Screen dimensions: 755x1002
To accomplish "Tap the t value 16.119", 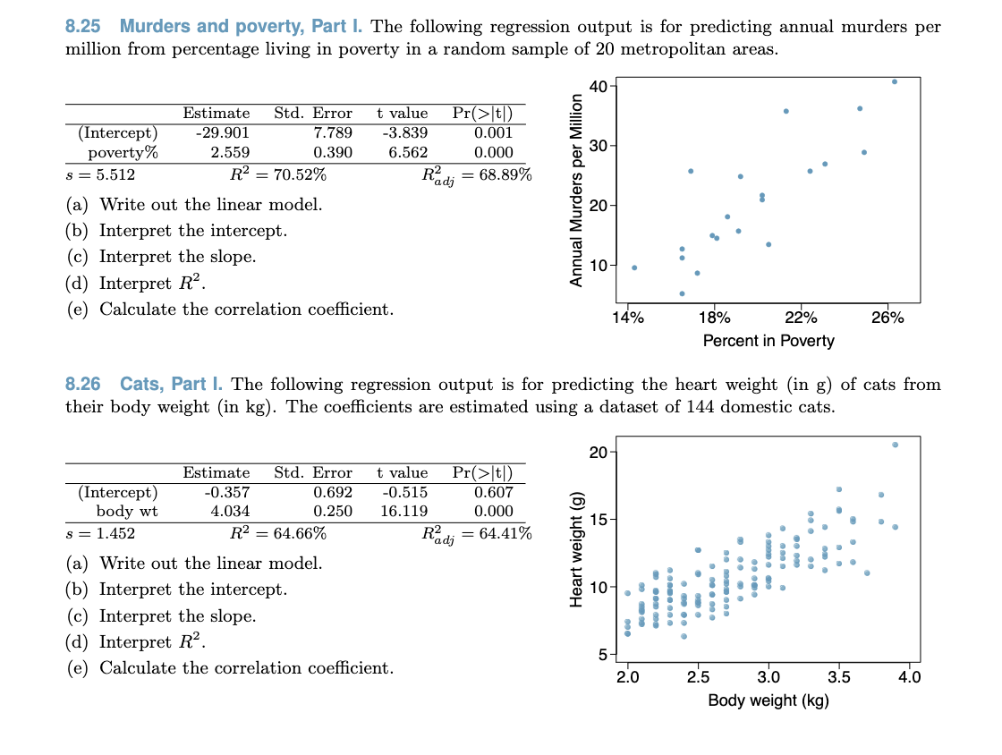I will (x=403, y=511).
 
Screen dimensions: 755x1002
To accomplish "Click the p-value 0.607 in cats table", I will (x=493, y=492).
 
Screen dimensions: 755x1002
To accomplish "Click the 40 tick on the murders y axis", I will (x=599, y=86).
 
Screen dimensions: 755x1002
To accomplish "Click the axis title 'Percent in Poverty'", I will (x=768, y=341).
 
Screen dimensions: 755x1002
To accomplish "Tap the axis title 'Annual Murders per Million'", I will (x=577, y=191).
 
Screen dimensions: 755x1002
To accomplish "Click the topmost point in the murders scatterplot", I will (x=895, y=81).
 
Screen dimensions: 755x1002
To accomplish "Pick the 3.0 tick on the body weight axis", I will (x=768, y=676).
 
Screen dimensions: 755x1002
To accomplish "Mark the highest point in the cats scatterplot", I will (x=895, y=445).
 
